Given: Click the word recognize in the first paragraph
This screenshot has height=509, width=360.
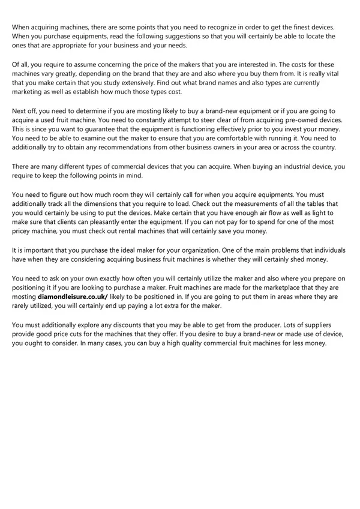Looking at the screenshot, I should tap(206, 26).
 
